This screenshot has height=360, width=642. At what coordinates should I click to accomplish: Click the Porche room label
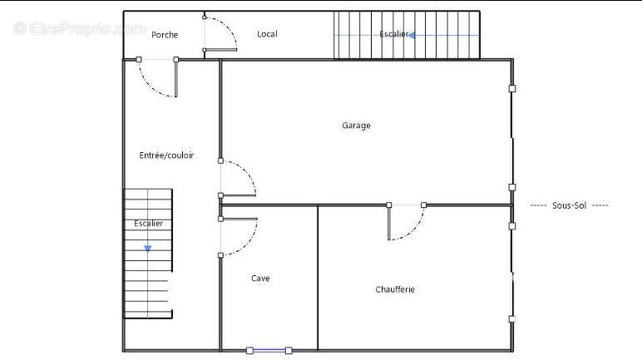tap(165, 35)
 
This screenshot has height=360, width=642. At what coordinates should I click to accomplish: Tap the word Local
tap(267, 34)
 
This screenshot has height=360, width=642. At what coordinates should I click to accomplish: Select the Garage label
tap(356, 126)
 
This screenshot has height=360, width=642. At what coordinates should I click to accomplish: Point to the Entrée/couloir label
tap(166, 155)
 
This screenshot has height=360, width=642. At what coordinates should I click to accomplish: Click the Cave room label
tap(260, 278)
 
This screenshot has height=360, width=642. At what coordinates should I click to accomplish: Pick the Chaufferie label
tap(395, 289)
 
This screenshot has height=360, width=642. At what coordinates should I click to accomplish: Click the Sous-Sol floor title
tap(569, 205)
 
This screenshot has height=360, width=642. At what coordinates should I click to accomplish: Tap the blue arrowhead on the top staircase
tap(412, 35)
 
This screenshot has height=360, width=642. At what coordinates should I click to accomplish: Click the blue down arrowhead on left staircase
tap(148, 249)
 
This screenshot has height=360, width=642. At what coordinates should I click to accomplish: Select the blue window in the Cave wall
tap(269, 351)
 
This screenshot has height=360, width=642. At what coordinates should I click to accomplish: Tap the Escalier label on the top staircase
tap(394, 34)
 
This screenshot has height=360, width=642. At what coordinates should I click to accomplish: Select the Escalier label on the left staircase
tap(148, 223)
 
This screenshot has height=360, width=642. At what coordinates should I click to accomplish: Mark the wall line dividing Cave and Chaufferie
tap(318, 278)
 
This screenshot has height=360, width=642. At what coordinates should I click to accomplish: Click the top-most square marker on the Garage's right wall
tap(512, 88)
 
